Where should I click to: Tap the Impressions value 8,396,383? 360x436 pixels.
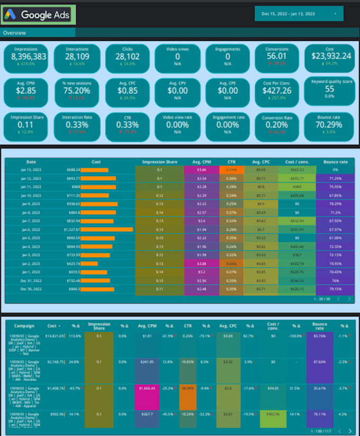tap(29, 56)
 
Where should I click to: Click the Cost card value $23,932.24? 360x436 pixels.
tap(331, 56)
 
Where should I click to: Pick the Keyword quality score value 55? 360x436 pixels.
tap(330, 89)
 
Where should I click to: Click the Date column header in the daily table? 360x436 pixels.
tap(32, 162)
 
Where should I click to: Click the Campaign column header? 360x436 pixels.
tap(24, 326)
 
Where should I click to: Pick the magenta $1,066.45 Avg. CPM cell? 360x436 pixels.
tap(147, 387)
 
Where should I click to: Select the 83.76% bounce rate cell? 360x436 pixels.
tap(319, 336)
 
